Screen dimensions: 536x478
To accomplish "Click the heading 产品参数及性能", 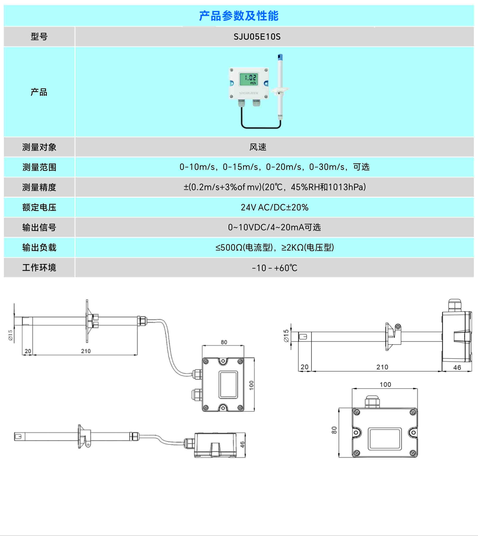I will pos(239,16).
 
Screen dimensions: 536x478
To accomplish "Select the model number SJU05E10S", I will pos(257,36).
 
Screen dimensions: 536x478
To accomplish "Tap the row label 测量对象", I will pos(39,147).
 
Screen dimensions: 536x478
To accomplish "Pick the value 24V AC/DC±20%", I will pos(274,207).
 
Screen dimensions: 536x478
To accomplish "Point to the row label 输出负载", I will pos(39,248).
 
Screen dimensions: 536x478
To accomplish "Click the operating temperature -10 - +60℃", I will pos(274,268).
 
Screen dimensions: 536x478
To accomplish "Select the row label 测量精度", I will pos(39,187).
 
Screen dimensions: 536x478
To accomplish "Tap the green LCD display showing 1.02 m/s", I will pos(249,79).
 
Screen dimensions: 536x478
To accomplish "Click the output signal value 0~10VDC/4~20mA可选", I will pos(274,227).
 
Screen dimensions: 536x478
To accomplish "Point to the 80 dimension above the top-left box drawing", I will pos(224,342).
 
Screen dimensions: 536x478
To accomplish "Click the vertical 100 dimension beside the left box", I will pos(251,385).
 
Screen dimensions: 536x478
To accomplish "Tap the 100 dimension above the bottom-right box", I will pos(385,385).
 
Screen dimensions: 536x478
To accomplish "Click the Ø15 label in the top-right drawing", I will pos(286,336).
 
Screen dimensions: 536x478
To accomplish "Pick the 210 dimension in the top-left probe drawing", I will pos(86,351).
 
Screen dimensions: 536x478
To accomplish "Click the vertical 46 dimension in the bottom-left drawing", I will pos(242,444).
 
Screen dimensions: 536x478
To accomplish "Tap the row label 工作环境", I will pos(39,268).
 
